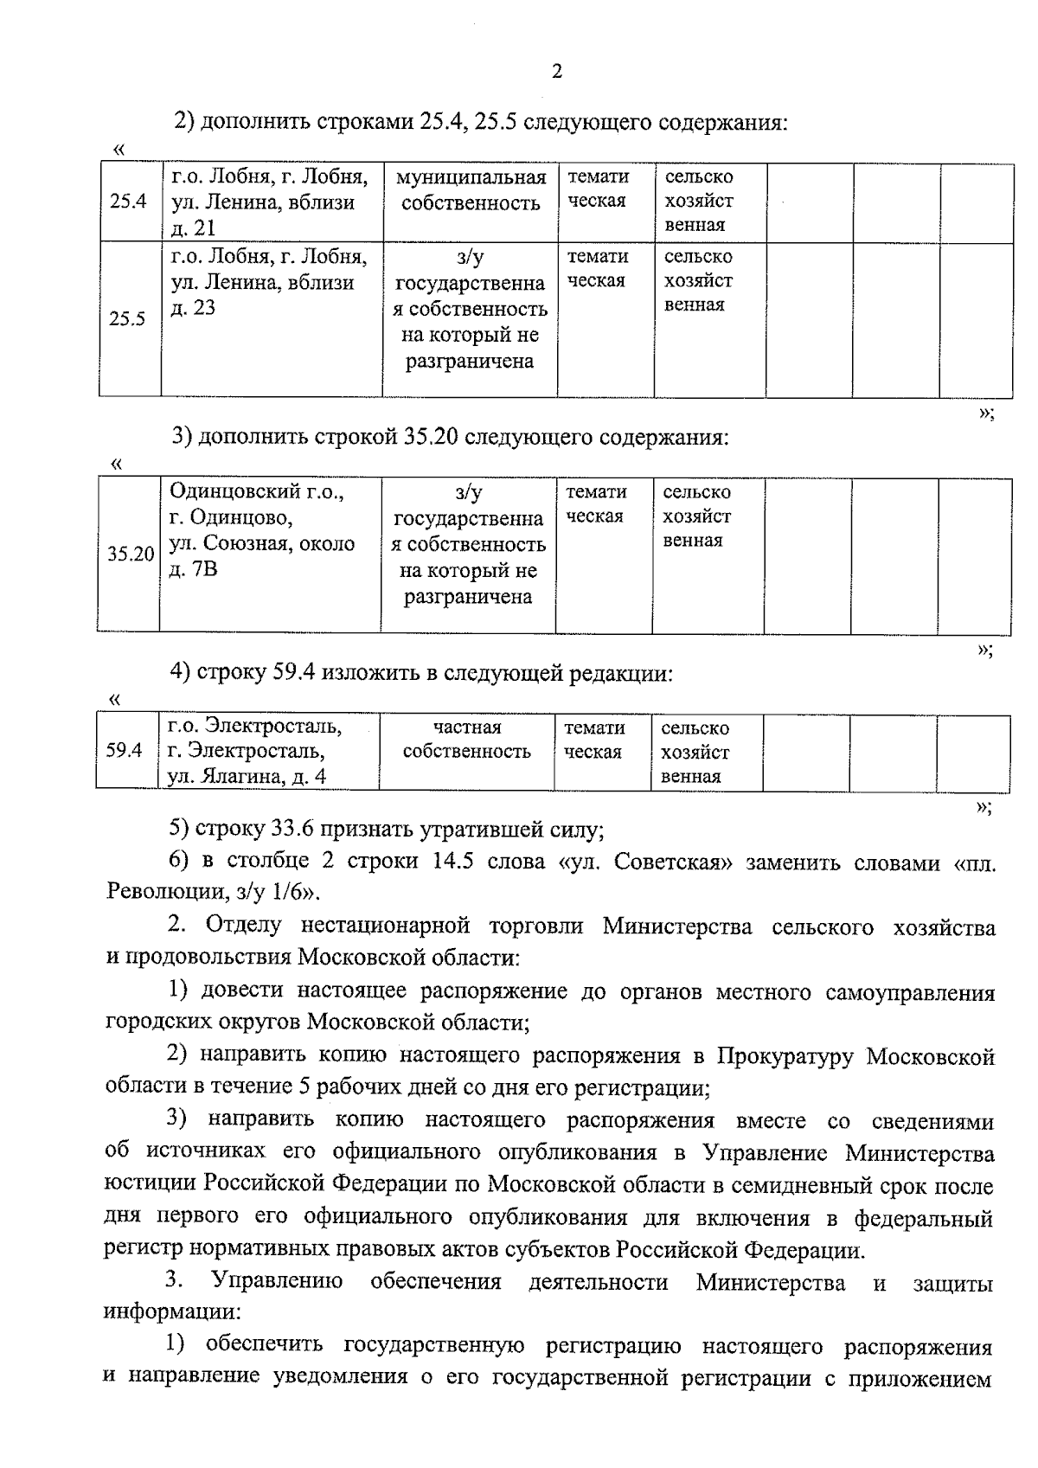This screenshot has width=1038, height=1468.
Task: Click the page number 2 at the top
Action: (556, 72)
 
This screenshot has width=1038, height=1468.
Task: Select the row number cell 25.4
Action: (128, 202)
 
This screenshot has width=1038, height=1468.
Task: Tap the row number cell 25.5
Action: (127, 318)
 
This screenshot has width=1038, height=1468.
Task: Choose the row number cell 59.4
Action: (124, 750)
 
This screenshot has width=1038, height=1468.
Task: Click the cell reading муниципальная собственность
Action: (470, 190)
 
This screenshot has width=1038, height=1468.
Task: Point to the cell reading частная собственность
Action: (466, 740)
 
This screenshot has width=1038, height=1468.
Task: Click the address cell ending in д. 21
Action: (268, 202)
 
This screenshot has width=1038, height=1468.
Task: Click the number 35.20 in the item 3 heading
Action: (431, 437)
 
